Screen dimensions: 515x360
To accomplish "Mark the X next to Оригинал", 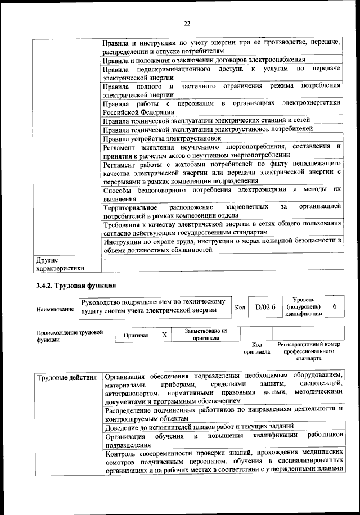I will coord(164,335).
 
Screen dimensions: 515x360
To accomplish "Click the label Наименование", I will coord(55,310).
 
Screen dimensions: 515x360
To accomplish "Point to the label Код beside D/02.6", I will coord(239,308).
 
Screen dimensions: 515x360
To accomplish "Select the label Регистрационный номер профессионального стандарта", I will coord(309,351).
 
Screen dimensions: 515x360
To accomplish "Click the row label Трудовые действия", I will coord(66,377).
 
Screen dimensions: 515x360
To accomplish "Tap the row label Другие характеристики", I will coord(60,264).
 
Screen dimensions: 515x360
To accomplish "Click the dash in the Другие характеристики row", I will coord(106,260).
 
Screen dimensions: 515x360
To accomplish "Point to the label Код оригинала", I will coord(256,348).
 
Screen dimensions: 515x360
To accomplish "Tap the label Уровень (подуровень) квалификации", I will coord(304,306).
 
